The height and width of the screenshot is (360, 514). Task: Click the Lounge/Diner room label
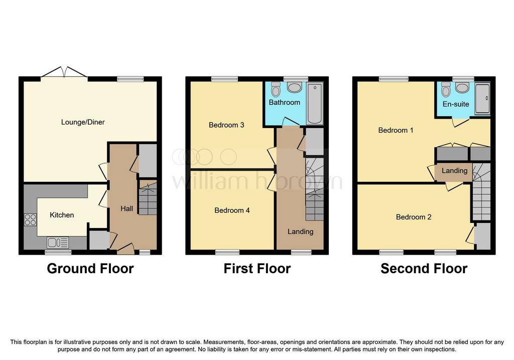coord(83,123)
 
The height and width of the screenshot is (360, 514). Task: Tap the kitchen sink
coord(58,243)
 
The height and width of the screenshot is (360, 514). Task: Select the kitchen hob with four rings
coord(30,220)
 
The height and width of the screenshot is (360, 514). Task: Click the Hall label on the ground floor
coord(127,208)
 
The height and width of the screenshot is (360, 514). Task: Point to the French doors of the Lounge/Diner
coord(64,72)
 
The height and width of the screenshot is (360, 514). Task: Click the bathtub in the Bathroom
coord(315,103)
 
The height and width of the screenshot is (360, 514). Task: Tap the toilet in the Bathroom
coord(276,88)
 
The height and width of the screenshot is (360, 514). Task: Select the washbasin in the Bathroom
coord(294,87)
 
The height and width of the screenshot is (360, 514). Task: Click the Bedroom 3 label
coord(226,125)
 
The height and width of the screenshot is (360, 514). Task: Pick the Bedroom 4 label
coord(232,210)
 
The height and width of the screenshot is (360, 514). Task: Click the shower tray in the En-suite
coord(482,98)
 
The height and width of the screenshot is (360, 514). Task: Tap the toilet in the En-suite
coord(446,89)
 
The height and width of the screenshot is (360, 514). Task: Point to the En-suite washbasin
coord(462,87)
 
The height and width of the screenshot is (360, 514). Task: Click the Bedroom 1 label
coord(396,130)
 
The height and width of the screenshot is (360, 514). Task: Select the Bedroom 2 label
coord(414,217)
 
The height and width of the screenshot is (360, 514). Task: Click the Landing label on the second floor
coord(454,171)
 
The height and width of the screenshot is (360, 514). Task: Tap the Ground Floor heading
coord(90,269)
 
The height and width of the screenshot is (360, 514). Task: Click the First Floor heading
coord(257,269)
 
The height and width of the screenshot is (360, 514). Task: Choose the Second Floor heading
coord(424,269)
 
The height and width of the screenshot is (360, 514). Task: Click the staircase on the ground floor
coord(148,198)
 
